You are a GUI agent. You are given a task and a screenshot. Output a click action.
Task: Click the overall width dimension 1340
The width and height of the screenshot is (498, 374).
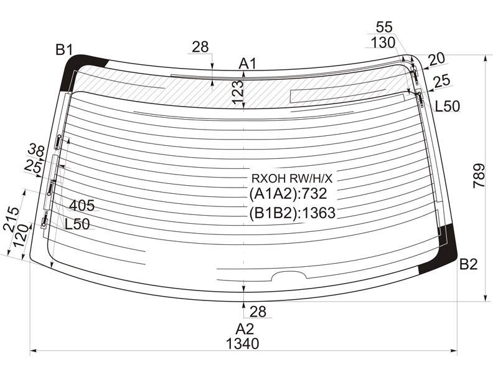(243, 343)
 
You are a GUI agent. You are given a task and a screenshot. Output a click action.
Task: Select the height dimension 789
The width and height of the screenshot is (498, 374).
(479, 176)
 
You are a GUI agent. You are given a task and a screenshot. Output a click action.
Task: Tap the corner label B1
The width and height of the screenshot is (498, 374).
(64, 50)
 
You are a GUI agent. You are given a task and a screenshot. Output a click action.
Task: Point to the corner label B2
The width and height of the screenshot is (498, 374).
(469, 264)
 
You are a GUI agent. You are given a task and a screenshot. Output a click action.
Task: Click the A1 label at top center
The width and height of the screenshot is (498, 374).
(247, 64)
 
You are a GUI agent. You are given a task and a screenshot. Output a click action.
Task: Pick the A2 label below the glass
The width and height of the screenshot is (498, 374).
(245, 329)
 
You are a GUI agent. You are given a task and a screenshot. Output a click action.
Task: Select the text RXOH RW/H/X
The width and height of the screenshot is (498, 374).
(292, 179)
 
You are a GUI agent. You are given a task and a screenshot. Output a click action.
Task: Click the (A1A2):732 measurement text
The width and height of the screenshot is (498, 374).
(288, 193)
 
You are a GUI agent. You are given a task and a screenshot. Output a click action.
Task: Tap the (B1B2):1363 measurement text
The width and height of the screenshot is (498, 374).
(292, 213)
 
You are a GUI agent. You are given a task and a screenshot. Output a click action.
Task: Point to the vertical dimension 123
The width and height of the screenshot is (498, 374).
(238, 92)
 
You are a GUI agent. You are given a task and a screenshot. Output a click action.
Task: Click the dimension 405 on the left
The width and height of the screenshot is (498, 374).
(82, 206)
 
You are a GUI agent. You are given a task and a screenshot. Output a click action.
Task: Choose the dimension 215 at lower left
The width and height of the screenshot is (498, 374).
(11, 219)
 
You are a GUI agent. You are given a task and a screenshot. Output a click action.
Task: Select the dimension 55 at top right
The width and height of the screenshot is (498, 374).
(384, 27)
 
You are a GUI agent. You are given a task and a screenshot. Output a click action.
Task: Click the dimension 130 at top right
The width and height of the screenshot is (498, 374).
(383, 42)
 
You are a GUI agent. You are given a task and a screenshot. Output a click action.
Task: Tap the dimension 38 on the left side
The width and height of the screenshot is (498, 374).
(36, 150)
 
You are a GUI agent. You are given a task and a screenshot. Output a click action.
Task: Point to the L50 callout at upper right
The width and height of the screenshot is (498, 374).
(447, 106)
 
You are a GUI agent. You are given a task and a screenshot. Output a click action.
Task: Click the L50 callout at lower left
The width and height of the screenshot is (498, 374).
(77, 224)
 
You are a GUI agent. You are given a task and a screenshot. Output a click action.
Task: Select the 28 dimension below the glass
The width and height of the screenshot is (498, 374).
(258, 312)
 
